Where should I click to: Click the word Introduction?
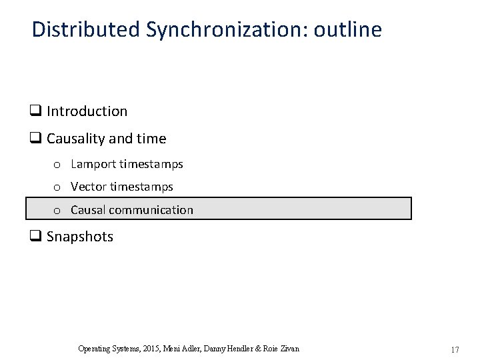[87, 111]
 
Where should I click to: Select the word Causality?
[73, 139]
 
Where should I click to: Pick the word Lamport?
[93, 164]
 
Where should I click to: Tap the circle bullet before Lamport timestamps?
[58, 165]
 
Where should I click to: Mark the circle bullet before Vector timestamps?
[58, 187]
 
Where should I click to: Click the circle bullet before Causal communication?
[58, 211]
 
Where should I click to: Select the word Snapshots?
[80, 237]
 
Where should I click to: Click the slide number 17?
[455, 349]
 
